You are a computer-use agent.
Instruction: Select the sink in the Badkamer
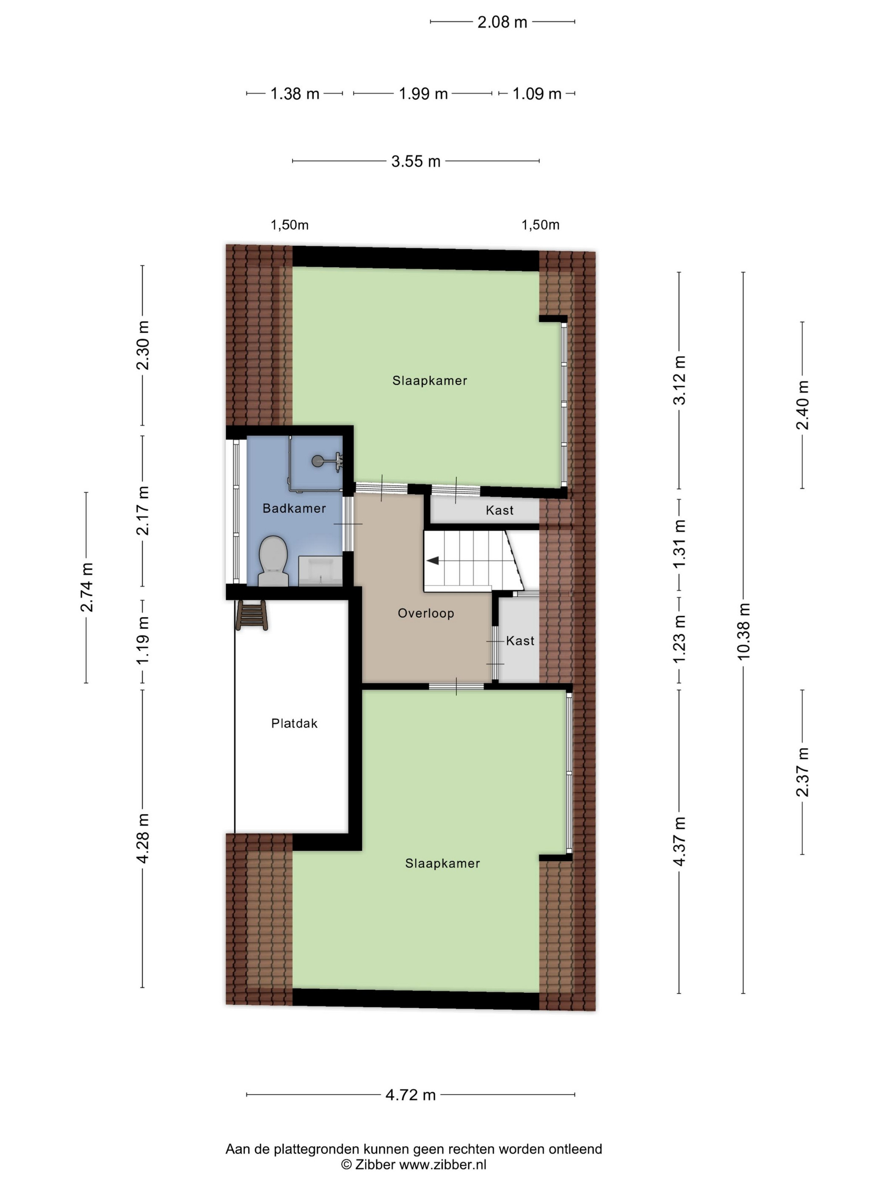tap(320, 570)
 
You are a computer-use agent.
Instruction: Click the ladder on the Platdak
tap(251, 615)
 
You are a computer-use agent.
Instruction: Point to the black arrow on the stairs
tap(433, 560)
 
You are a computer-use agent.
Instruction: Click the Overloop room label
tap(425, 613)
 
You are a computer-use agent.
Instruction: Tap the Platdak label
tap(294, 723)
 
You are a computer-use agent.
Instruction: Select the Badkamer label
tap(294, 508)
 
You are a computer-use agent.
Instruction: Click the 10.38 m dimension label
tap(743, 631)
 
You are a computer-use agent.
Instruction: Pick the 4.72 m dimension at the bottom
tap(411, 1094)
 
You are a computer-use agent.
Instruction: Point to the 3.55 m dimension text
tap(416, 161)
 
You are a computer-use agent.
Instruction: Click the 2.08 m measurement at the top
tap(502, 22)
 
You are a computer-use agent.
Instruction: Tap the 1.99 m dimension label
tap(423, 94)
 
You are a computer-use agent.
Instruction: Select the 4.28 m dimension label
tap(143, 838)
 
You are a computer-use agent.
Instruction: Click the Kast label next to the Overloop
tap(520, 641)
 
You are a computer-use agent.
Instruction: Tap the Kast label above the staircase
tap(500, 510)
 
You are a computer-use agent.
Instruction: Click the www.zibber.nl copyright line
tap(414, 1164)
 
